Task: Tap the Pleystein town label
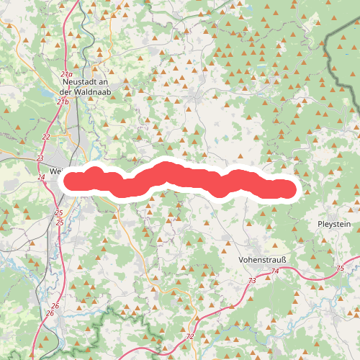[x=334, y=225]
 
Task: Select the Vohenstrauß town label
[x=262, y=259]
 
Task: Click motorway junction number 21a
[x=66, y=75]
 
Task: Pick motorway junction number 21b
[x=64, y=102]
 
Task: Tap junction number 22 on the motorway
[x=47, y=137]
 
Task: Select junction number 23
[x=40, y=158]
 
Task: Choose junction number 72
[x=189, y=336]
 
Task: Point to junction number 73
[x=251, y=280]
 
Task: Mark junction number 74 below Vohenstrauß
[x=275, y=271]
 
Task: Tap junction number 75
[x=340, y=269]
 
